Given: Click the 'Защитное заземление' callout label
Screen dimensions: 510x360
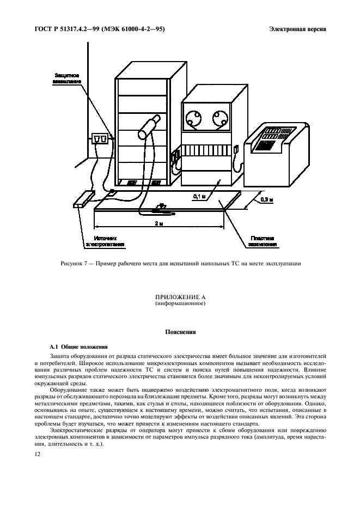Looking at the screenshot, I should point(67,77).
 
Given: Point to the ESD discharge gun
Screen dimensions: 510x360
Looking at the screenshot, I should point(148,126).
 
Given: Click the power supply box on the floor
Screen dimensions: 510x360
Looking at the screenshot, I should point(83,199).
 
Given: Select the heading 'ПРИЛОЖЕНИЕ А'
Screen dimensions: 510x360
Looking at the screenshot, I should point(179,297).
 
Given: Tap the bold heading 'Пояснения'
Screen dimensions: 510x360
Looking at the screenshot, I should point(179,331).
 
